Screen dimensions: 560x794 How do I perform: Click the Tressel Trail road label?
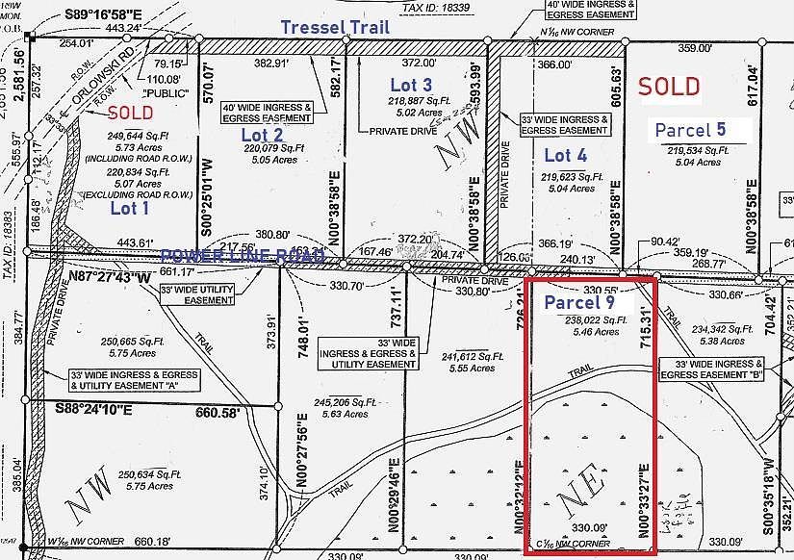click(336, 27)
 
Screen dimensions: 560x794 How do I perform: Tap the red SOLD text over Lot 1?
click(129, 113)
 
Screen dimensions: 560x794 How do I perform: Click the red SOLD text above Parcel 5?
click(670, 86)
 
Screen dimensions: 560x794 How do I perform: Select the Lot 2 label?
click(262, 135)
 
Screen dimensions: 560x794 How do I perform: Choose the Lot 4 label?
click(565, 155)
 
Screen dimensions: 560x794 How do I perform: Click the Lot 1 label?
click(130, 207)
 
